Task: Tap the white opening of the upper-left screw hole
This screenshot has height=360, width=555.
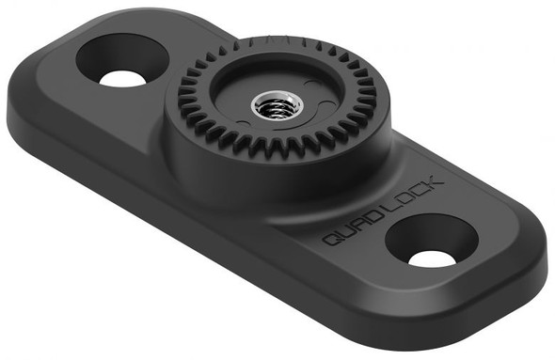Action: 121,78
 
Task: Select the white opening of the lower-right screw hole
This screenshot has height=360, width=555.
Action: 433,256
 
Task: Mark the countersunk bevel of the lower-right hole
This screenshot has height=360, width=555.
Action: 425,231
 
